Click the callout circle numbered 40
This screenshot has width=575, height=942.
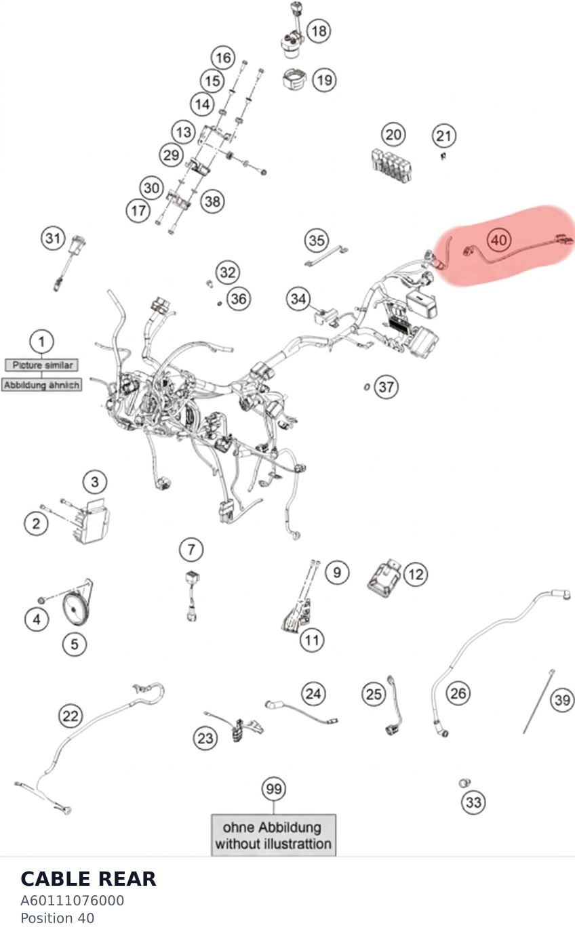tap(499, 240)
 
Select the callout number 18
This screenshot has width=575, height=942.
tap(319, 30)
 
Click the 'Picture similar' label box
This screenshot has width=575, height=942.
tap(41, 365)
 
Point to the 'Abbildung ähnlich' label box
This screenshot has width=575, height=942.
tap(41, 385)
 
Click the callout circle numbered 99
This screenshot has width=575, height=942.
tap(274, 789)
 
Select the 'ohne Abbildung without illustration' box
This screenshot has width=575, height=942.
tap(273, 835)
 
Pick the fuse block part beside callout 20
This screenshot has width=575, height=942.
tap(392, 165)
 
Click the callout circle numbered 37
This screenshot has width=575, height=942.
tap(386, 387)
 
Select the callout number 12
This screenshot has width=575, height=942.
tap(416, 574)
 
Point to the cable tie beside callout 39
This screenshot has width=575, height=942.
tap(538, 701)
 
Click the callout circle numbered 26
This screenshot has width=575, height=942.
tap(458, 693)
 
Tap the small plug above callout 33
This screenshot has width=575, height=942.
tap(464, 783)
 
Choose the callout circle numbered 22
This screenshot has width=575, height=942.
tap(71, 716)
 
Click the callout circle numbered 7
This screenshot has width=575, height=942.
tap(191, 549)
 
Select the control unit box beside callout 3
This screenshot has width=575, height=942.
tap(92, 522)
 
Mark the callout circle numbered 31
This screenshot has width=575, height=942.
tap(53, 239)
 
